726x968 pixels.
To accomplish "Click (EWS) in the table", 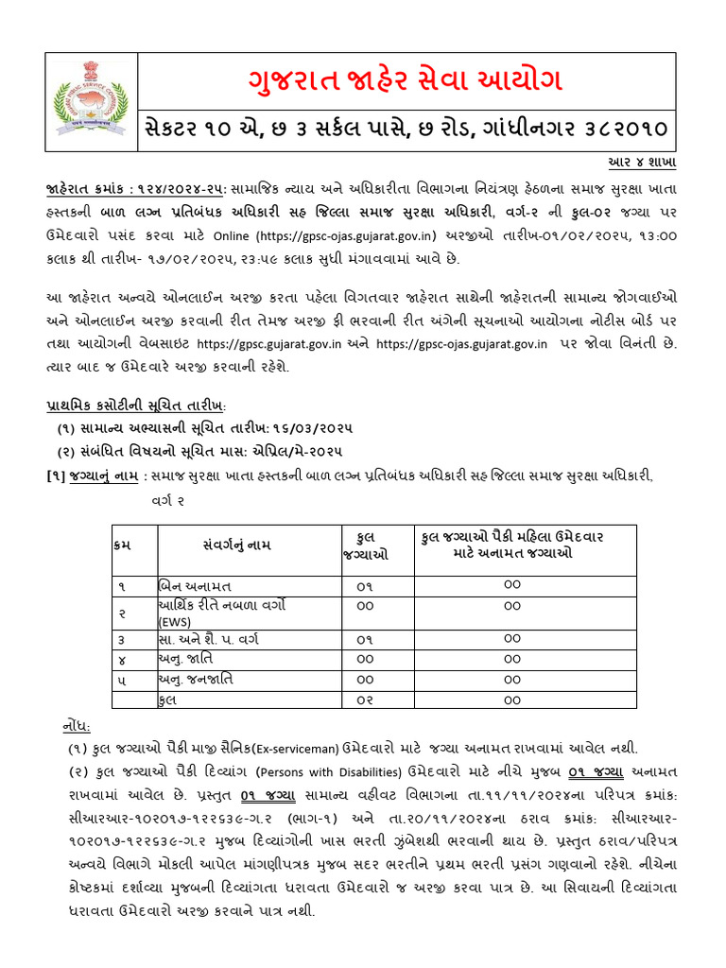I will [x=176, y=622].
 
